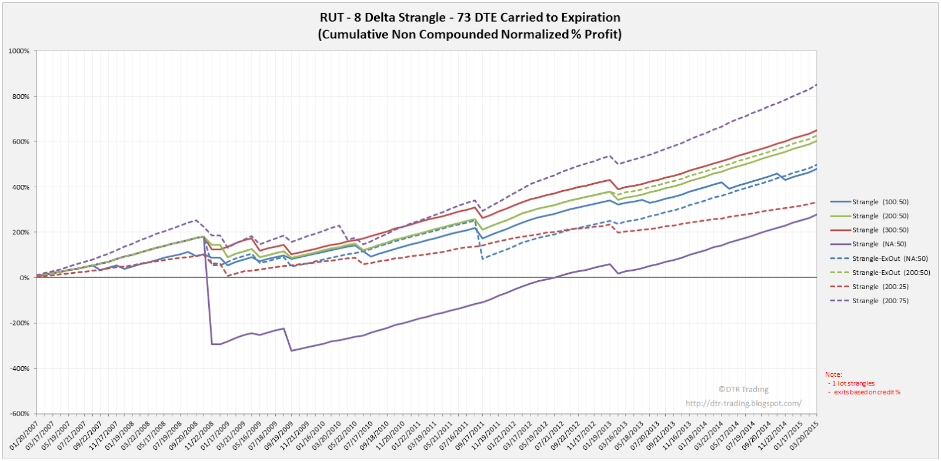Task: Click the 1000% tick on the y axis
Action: coord(19,51)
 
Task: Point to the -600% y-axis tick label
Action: coord(19,414)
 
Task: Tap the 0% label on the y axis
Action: coord(24,278)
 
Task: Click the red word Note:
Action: coord(833,374)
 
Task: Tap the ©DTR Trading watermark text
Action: coord(743,389)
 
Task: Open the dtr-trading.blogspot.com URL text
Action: coord(743,403)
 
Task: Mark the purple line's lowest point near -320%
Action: coord(291,351)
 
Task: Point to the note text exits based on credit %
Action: coord(867,392)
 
